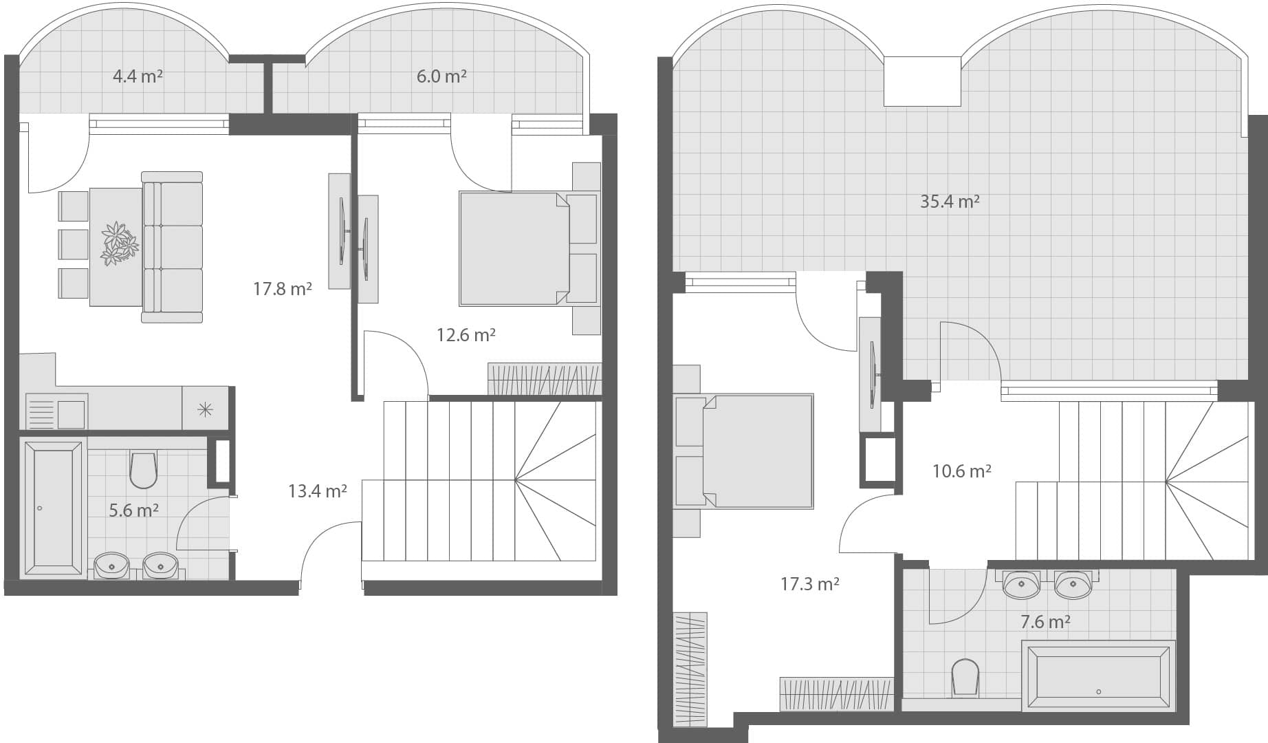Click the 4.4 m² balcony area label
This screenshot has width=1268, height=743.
click(138, 76)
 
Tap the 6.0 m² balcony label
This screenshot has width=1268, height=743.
click(441, 76)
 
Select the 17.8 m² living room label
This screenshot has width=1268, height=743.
click(283, 288)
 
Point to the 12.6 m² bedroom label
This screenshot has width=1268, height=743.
click(466, 335)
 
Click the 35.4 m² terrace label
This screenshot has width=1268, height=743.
click(950, 201)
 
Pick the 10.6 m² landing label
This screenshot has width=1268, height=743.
click(961, 471)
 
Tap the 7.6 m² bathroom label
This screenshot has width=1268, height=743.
click(1045, 622)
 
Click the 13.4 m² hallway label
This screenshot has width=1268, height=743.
click(317, 491)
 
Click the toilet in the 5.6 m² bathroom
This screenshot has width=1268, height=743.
click(143, 469)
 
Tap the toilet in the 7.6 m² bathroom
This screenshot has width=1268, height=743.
click(965, 678)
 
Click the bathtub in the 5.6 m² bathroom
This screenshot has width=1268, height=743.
click(53, 508)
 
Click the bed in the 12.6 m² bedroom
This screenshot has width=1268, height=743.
click(514, 248)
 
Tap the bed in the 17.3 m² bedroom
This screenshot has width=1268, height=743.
click(758, 451)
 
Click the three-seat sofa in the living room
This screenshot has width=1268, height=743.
click(172, 247)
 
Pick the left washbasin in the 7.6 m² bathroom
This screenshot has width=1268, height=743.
click(1021, 585)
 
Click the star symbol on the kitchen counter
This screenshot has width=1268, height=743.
click(205, 411)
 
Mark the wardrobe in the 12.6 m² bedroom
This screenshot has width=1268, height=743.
click(545, 379)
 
